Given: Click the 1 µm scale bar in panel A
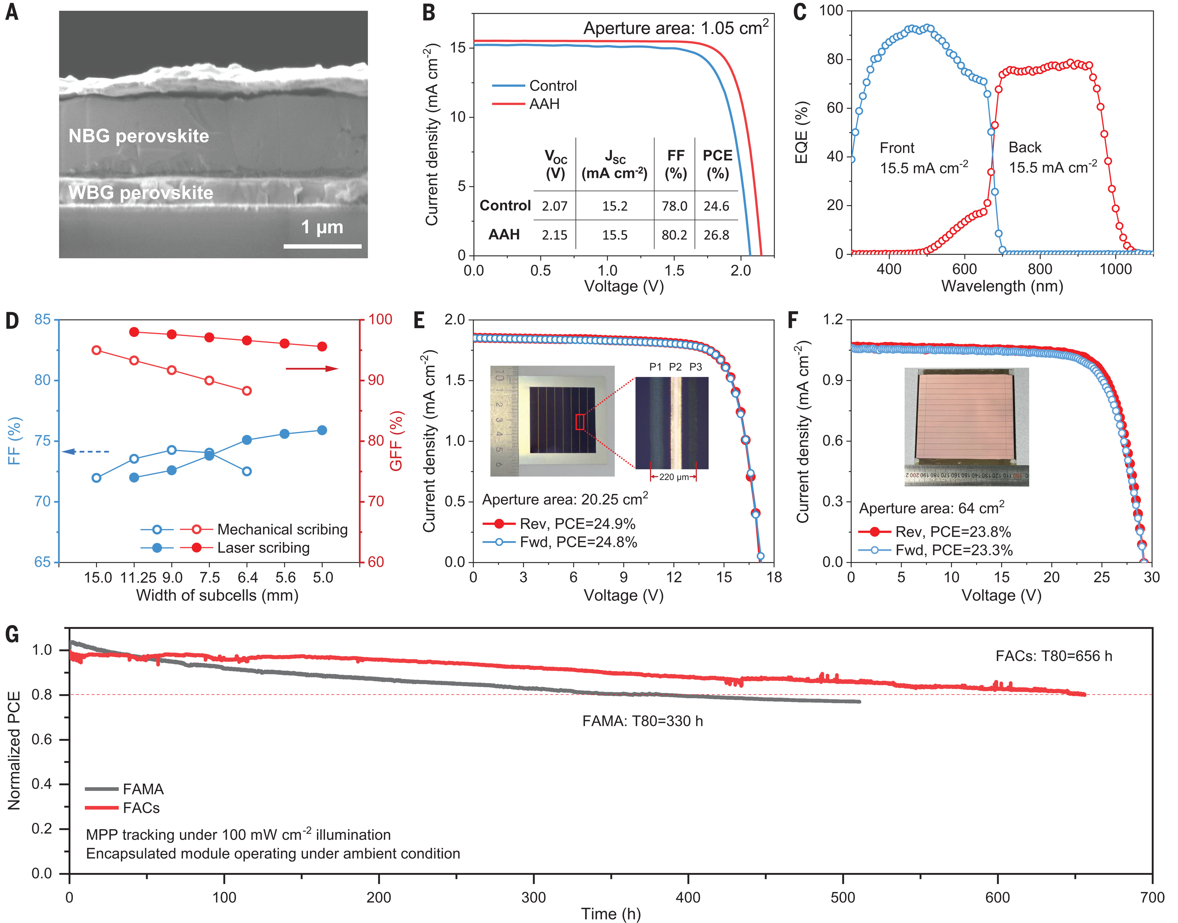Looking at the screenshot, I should (x=323, y=247).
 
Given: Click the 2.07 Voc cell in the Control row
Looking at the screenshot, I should (x=555, y=206).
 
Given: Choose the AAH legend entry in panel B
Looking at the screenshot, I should (x=544, y=104).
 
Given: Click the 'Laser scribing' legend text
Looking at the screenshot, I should (x=264, y=548).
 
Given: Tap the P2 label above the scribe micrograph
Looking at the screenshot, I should (x=675, y=367).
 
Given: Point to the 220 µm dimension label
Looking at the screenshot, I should (x=674, y=477).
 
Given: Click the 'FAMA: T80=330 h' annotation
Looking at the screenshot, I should (x=642, y=721).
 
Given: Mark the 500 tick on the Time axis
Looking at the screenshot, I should (x=843, y=898).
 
